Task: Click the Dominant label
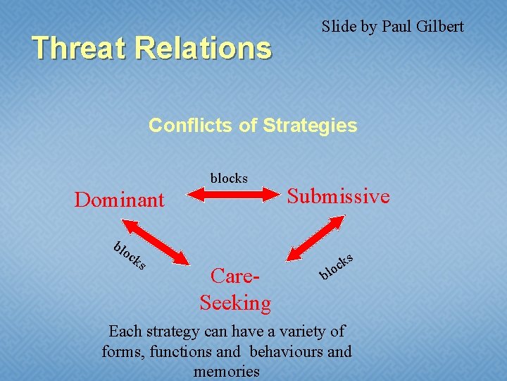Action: click(119, 200)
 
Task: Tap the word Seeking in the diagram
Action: click(235, 303)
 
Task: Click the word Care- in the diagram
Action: click(236, 277)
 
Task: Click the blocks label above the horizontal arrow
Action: click(229, 178)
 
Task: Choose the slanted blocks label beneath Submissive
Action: click(335, 265)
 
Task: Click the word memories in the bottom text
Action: click(227, 371)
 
